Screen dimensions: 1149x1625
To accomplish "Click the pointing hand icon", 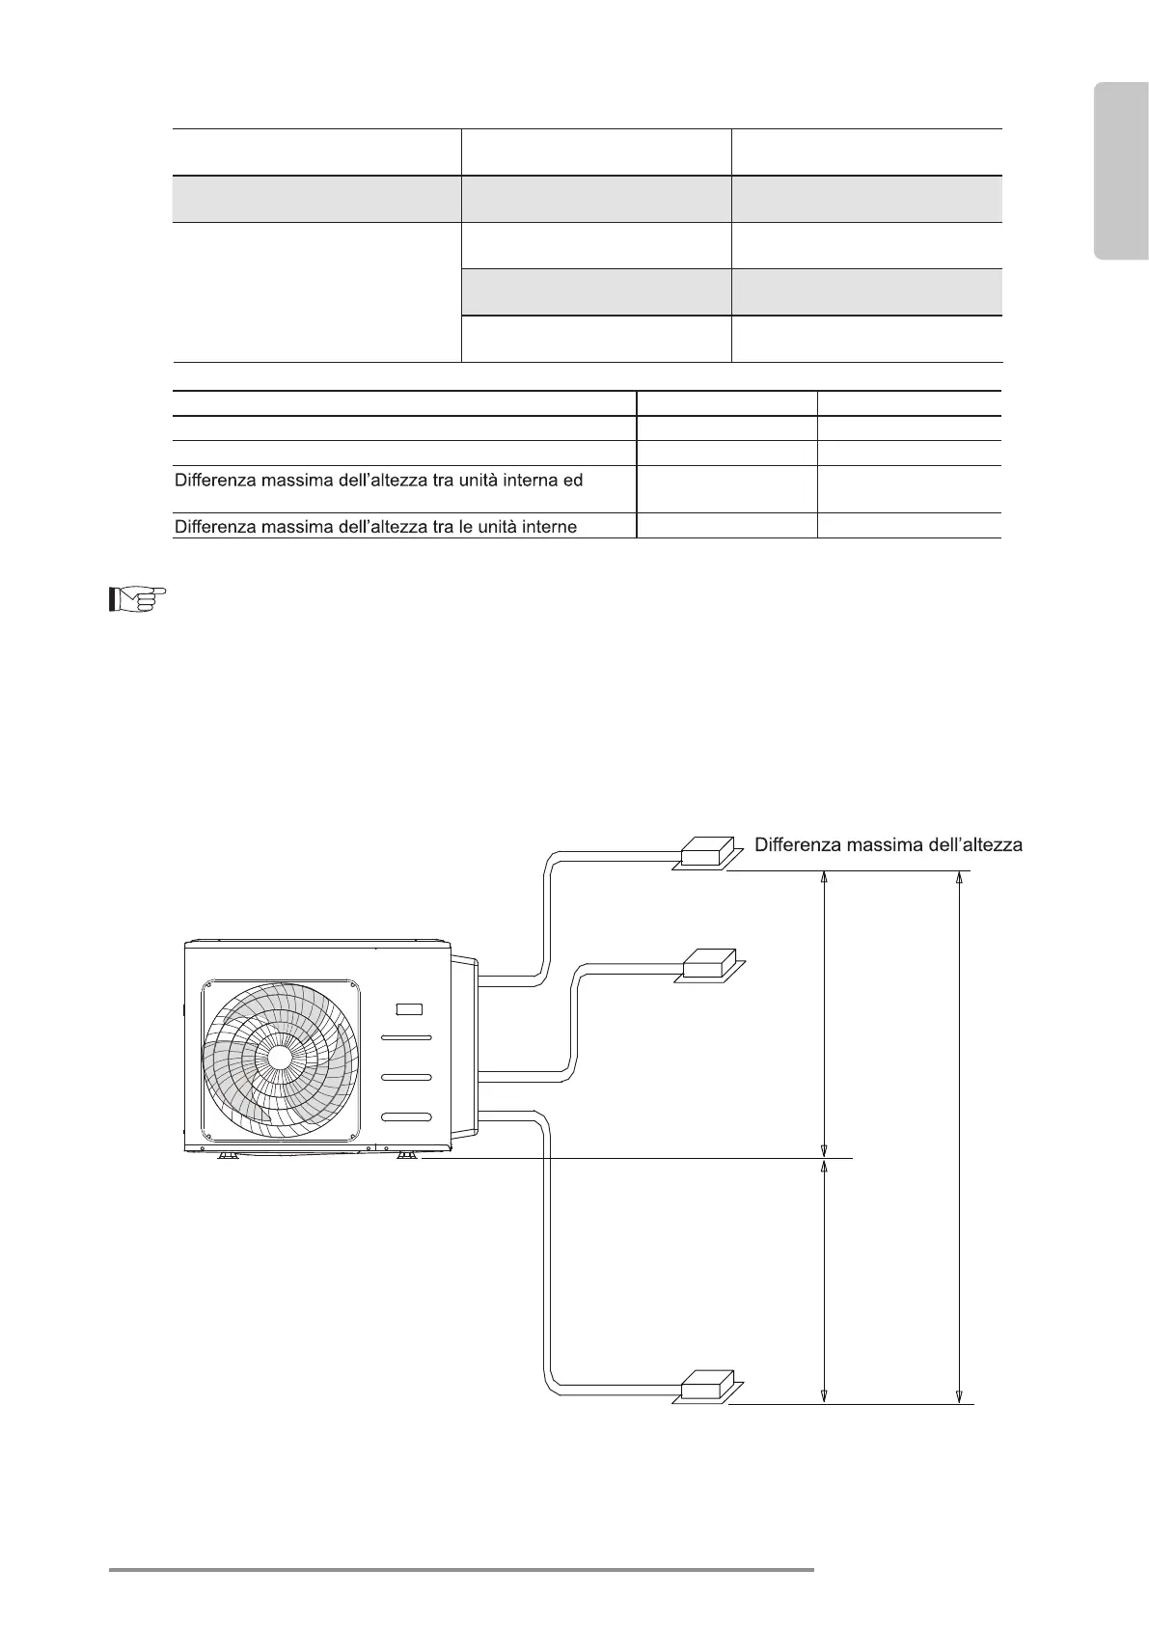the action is tap(136, 600).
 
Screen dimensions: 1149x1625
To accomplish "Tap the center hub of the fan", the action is tap(279, 1057).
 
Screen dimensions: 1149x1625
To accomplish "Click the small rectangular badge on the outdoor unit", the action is tap(409, 1009).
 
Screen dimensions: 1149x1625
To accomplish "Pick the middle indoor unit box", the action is tap(709, 966).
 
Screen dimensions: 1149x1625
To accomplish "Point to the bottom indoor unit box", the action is tap(707, 1386).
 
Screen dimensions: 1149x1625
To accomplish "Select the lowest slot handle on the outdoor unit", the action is tap(406, 1117).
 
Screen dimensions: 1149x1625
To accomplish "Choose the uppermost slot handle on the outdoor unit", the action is tap(406, 1037).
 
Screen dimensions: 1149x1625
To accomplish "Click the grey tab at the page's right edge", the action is tap(1121, 172).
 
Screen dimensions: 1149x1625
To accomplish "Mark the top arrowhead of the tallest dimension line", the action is tap(958, 878).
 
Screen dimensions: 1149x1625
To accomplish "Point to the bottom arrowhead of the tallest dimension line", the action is tap(958, 1395).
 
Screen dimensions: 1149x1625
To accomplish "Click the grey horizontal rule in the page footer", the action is tap(461, 1570).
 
